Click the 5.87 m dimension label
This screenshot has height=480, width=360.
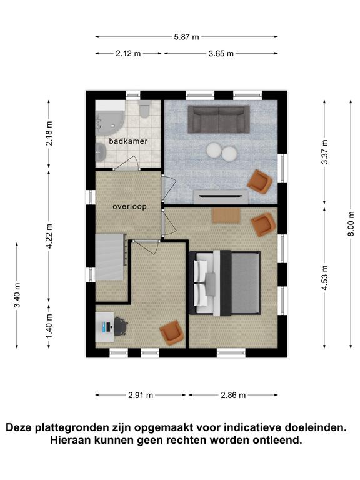click(186, 37)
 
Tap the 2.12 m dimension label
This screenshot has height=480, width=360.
click(128, 54)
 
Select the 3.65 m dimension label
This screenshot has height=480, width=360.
click(221, 54)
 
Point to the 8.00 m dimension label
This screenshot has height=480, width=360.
click(351, 224)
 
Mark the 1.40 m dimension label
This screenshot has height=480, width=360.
click(49, 326)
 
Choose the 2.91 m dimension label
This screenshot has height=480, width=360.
click(141, 395)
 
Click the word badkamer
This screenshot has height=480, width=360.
click(128, 141)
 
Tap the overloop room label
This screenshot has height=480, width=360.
click(129, 207)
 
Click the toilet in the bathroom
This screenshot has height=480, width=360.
click(144, 109)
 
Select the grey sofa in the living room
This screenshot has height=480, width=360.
click(219, 119)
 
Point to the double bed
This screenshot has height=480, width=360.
click(224, 283)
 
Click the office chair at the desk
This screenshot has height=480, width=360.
click(121, 326)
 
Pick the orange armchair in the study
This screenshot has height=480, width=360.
click(172, 332)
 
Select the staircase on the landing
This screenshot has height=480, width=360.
click(111, 257)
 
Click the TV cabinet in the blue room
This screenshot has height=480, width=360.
click(221, 197)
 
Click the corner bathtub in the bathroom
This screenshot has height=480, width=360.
click(109, 119)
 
